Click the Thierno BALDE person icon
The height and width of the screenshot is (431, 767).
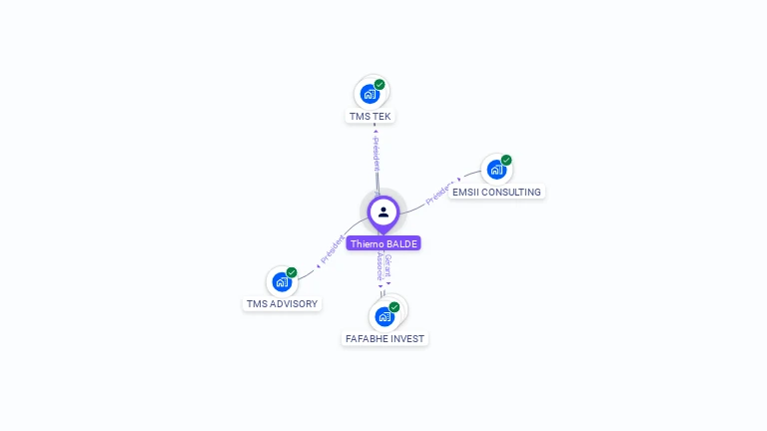[383, 212]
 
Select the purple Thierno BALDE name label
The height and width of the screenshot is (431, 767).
[383, 243]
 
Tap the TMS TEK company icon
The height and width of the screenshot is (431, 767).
[371, 95]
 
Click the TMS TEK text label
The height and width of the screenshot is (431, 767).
[371, 117]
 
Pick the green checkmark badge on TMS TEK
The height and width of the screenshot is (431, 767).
[380, 85]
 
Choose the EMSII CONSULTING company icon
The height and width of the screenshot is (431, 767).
[496, 170]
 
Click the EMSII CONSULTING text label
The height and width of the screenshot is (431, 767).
[496, 192]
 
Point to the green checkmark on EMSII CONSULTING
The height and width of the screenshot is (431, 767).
[506, 160]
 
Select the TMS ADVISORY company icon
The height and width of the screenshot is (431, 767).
[282, 282]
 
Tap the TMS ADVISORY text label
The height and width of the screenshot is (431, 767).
[282, 303]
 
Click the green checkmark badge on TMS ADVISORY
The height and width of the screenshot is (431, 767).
[292, 272]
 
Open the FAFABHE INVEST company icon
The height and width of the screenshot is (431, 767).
[384, 317]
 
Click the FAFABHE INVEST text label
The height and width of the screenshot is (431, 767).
[384, 339]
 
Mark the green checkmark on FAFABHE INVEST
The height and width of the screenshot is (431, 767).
[394, 307]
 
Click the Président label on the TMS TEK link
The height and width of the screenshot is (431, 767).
[376, 152]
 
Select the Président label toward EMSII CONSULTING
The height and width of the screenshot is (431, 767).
[439, 193]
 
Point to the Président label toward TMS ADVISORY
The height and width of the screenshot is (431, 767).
[332, 250]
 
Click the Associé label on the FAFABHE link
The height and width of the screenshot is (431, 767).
[380, 266]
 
